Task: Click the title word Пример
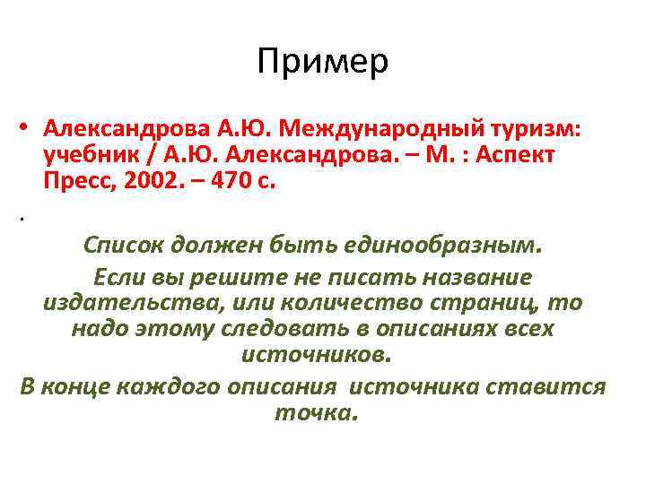(x=322, y=62)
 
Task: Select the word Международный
(x=407, y=129)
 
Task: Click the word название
(x=475, y=277)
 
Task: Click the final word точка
(x=315, y=413)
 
